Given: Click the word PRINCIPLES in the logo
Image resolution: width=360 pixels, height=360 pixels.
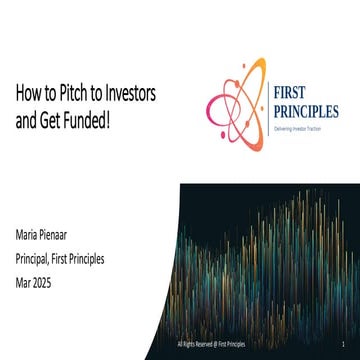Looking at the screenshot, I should pos(306,112).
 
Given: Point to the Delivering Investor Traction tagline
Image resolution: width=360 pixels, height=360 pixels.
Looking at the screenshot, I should pos(299,129).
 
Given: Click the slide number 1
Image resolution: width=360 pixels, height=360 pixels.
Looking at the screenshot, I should pos(343,343).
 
